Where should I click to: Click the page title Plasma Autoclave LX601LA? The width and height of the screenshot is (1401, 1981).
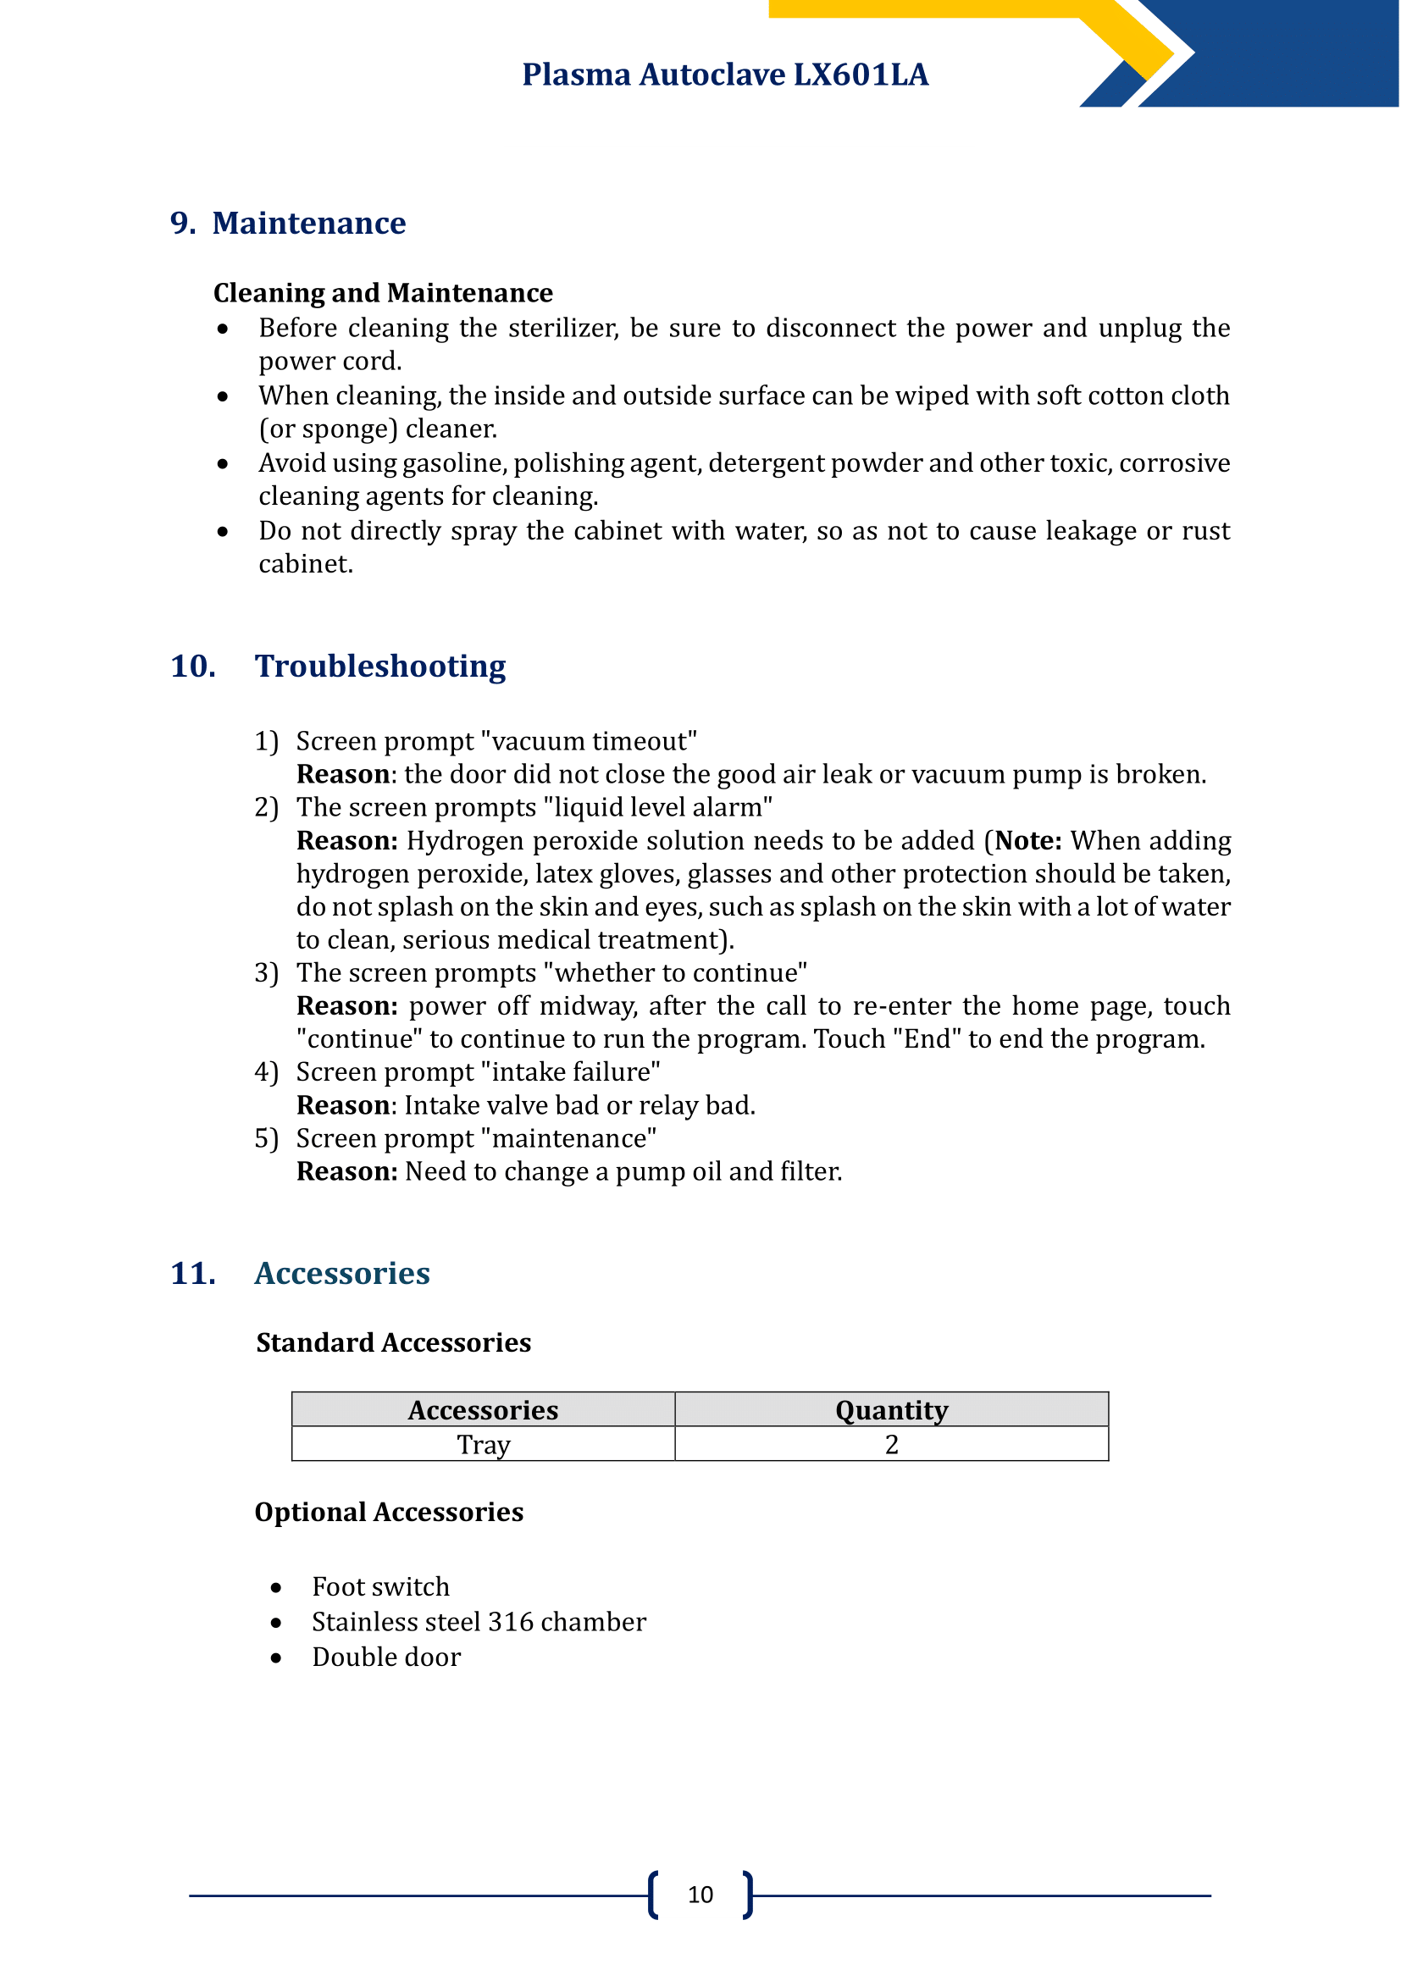coord(725,75)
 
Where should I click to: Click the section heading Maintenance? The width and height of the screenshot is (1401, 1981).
coord(309,224)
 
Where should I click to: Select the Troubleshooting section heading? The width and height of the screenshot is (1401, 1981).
coord(379,666)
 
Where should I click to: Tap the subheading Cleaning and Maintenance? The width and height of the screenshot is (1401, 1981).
coord(383,293)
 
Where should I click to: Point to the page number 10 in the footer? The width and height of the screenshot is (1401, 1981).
coord(700,1895)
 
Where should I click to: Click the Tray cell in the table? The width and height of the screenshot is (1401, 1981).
coord(483,1444)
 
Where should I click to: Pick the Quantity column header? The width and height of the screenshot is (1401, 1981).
coord(891,1410)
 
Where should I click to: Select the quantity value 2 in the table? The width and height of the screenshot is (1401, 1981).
coord(891,1444)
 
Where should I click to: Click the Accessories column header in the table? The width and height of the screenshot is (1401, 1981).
coord(483,1410)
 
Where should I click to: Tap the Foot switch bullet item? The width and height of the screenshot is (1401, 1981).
coord(380,1586)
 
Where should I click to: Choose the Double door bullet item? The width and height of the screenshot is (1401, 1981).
coord(385,1657)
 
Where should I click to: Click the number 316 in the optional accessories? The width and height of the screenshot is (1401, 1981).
coord(511,1622)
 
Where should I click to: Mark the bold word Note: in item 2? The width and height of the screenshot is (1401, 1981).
coord(1028,840)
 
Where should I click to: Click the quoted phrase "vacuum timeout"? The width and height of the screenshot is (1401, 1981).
coord(589,741)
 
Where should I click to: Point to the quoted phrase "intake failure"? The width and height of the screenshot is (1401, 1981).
coord(570,1071)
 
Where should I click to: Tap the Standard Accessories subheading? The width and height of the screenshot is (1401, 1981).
coord(393,1342)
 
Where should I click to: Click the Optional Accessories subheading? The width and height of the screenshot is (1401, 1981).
coord(389,1512)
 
